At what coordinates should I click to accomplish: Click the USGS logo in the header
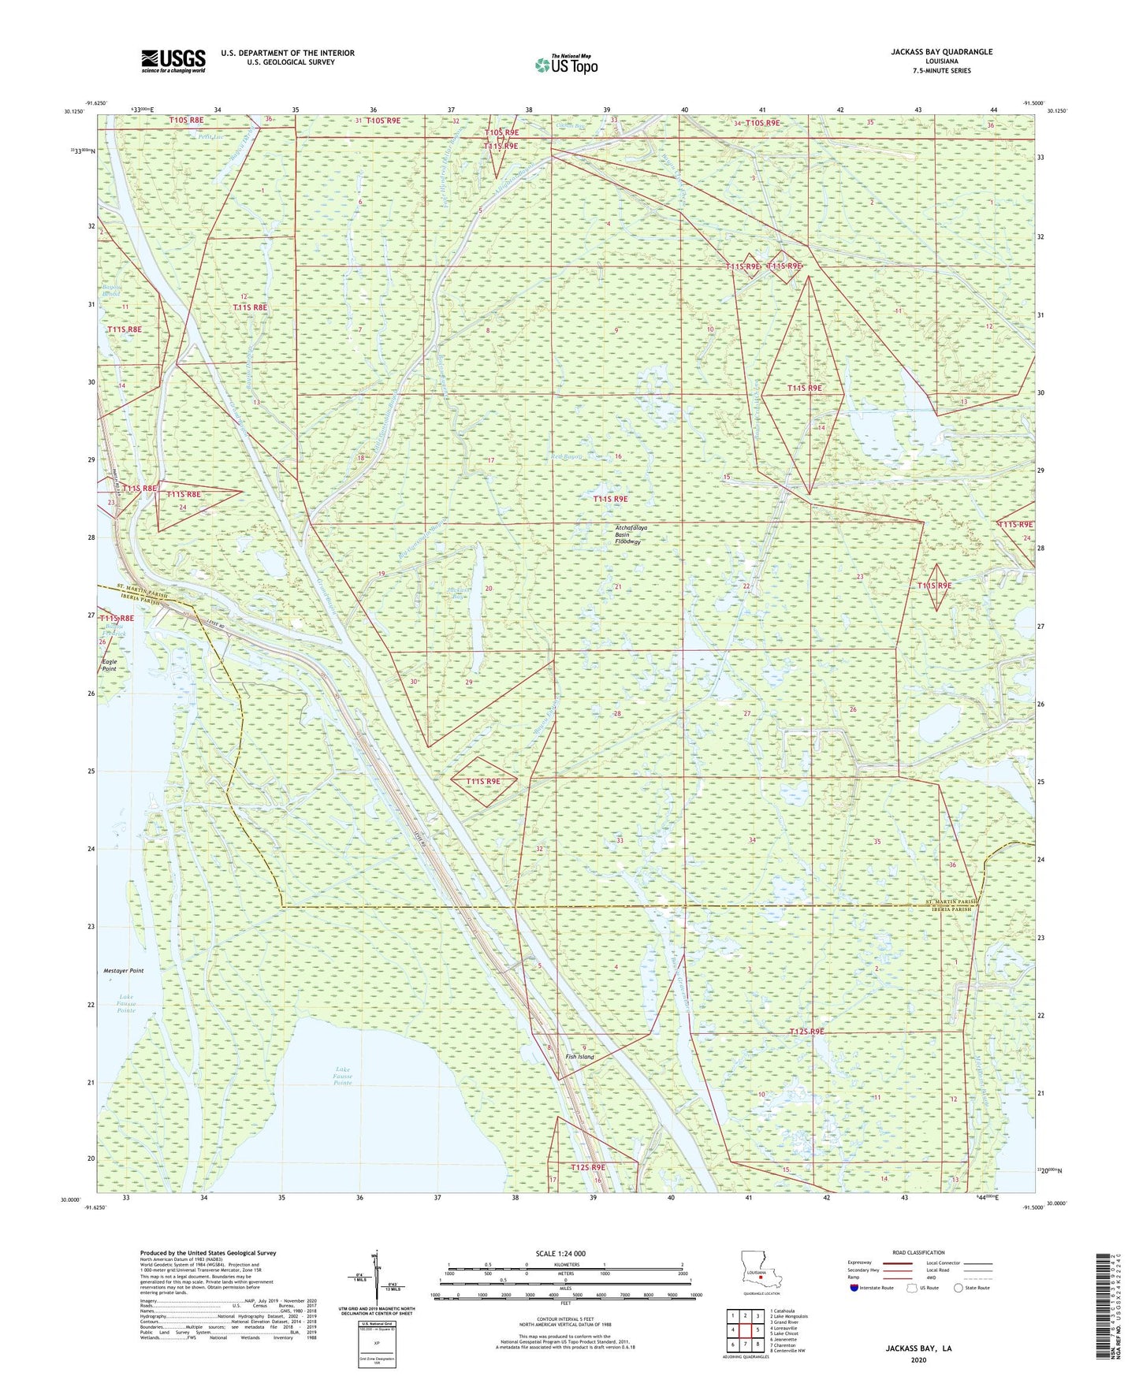pyautogui.click(x=173, y=61)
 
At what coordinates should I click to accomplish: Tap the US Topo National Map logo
pyautogui.click(x=566, y=65)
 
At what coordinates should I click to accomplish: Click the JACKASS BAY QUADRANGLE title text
pyautogui.click(x=941, y=52)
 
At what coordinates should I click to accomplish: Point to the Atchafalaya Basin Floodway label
pyautogui.click(x=628, y=535)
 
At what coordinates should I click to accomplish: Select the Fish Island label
pyautogui.click(x=580, y=1057)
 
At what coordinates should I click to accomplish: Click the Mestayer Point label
pyautogui.click(x=124, y=971)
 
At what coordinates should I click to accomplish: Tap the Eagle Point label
pyautogui.click(x=109, y=665)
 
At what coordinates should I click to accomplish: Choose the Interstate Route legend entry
pyautogui.click(x=872, y=1288)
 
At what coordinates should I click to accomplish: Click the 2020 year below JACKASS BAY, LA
pyautogui.click(x=918, y=1359)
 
